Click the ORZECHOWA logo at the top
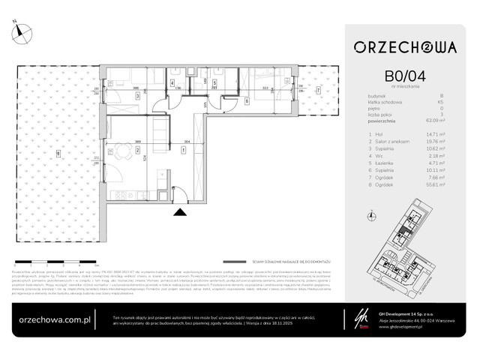click(x=405, y=46)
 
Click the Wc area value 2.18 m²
click(x=448, y=151)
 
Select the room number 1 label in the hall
click(x=184, y=149)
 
